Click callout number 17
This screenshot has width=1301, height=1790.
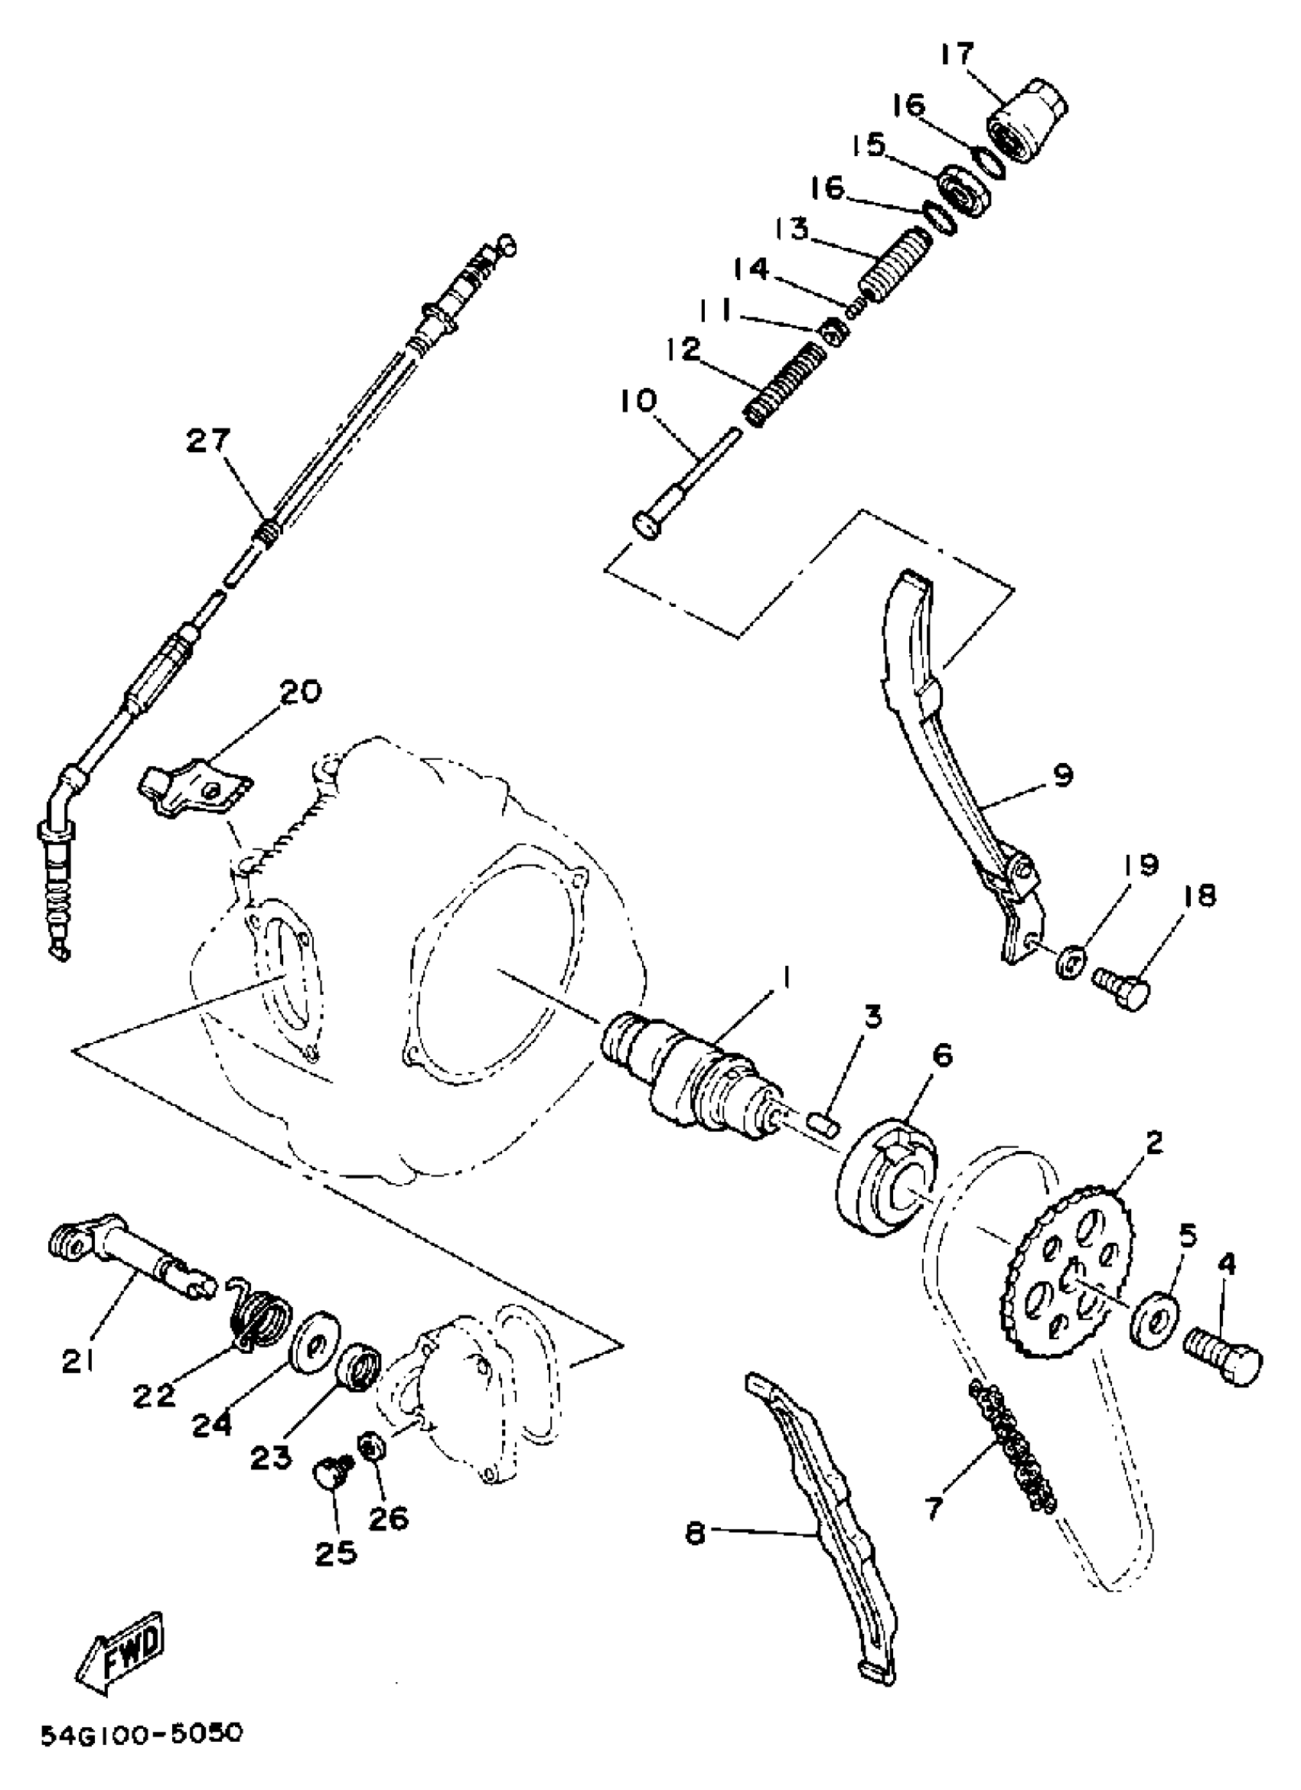pyautogui.click(x=957, y=55)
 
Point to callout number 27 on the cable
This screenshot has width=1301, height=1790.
pyautogui.click(x=208, y=441)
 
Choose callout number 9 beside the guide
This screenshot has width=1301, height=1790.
pyautogui.click(x=1062, y=776)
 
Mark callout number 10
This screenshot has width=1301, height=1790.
pyautogui.click(x=637, y=402)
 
